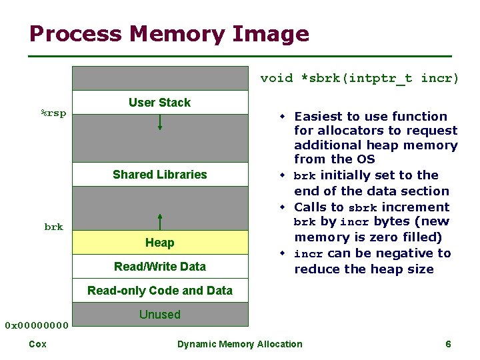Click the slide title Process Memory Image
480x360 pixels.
click(x=169, y=34)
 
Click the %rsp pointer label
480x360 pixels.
click(x=53, y=113)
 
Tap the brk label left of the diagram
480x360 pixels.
click(x=53, y=227)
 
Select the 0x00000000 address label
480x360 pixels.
click(x=37, y=325)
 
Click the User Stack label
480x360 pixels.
click(x=159, y=103)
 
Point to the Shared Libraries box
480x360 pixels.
click(x=160, y=175)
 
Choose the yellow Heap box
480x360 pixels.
click(x=160, y=243)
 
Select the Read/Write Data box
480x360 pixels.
click(x=160, y=267)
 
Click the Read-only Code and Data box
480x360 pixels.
click(x=160, y=290)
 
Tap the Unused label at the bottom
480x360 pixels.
click(x=160, y=314)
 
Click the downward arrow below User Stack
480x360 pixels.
click(x=160, y=122)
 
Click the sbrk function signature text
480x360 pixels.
click(x=359, y=79)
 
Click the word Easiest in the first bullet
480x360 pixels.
click(x=321, y=117)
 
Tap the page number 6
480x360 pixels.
click(x=448, y=344)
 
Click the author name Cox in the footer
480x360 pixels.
click(x=37, y=344)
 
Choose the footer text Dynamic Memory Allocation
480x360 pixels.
click(x=239, y=344)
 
